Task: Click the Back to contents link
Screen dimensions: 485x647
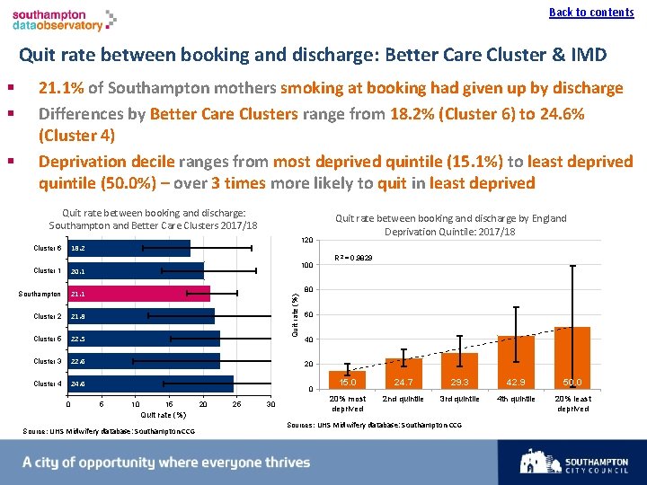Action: tap(591, 12)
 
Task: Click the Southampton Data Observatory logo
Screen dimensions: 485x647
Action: tap(64, 21)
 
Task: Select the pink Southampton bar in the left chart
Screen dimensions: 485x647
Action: tap(139, 294)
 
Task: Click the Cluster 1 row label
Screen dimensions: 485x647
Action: tap(47, 270)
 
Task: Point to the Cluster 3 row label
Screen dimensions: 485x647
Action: tap(47, 361)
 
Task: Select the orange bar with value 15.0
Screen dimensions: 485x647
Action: tap(347, 380)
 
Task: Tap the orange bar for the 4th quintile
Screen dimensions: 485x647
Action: tap(515, 362)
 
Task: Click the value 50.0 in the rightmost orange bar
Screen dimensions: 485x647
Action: tap(572, 383)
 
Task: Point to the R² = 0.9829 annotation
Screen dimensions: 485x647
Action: tap(353, 258)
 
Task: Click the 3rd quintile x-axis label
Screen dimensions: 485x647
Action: tap(459, 399)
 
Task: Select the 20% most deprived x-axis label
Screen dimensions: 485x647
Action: tap(348, 403)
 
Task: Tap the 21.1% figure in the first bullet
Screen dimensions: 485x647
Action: tap(59, 88)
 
